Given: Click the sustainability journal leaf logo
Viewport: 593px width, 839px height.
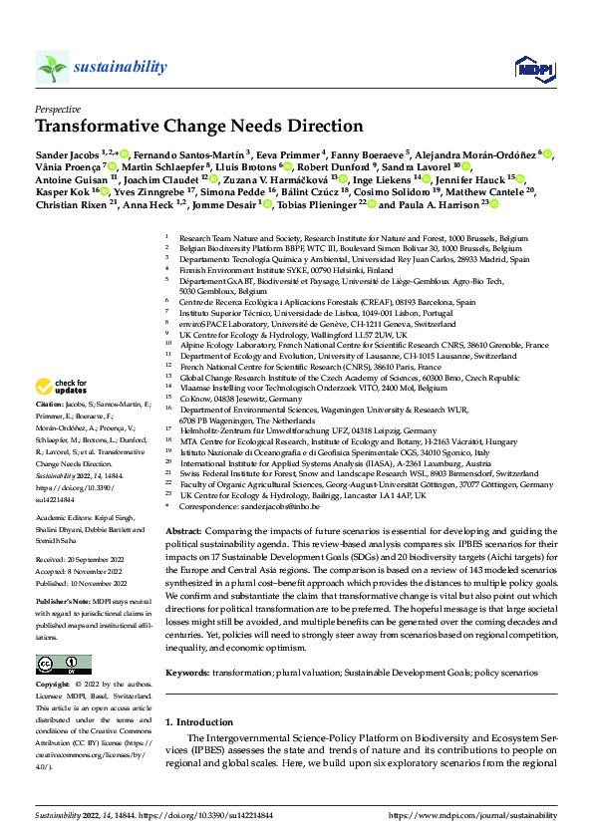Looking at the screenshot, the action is tap(52, 67).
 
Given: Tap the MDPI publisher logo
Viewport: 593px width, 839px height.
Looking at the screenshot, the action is tap(529, 67).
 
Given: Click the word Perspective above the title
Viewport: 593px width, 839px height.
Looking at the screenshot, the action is tap(58, 109).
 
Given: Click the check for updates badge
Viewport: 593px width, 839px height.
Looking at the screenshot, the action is tap(62, 387).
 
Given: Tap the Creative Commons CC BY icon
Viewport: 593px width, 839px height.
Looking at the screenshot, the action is tap(58, 665).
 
